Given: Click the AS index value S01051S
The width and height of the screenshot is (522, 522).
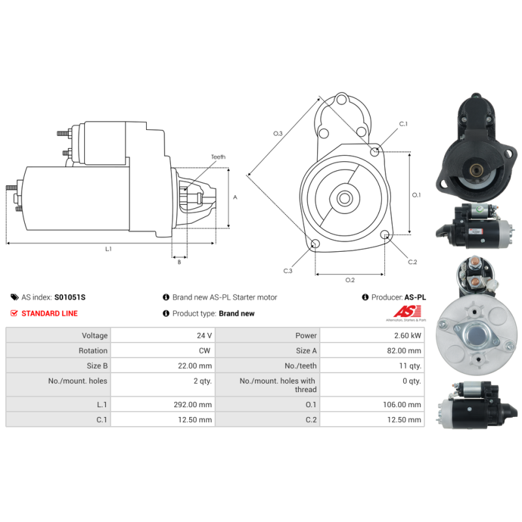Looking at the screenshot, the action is tap(70, 298).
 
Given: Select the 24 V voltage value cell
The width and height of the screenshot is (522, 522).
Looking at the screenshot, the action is tap(162, 335).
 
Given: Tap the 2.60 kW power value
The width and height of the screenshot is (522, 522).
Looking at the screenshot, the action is tap(407, 335).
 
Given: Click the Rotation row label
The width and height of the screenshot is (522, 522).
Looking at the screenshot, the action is tap(93, 350).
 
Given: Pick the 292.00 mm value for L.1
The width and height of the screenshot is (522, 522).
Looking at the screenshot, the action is tap(192, 405).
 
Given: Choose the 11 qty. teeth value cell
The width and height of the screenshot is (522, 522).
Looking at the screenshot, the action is tap(372, 365).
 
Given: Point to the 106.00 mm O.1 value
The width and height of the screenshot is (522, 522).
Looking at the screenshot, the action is tap(402, 405).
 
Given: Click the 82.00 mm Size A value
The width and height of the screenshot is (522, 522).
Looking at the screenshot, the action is tap(404, 350).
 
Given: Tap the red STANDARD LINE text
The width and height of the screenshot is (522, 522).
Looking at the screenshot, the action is tap(50, 313).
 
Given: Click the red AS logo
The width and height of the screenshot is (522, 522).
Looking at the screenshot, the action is tap(407, 312).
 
